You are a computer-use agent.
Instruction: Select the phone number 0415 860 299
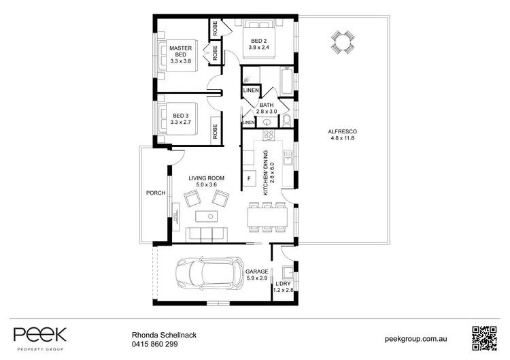pyautogui.click(x=154, y=344)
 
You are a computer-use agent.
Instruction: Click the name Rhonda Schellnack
pyautogui.click(x=165, y=335)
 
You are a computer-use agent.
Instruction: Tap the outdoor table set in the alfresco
pyautogui.click(x=341, y=43)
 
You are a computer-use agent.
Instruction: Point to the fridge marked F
pyautogui.click(x=250, y=178)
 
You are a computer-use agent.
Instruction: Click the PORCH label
pyautogui.click(x=156, y=193)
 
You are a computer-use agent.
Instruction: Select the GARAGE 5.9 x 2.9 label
pyautogui.click(x=256, y=274)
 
